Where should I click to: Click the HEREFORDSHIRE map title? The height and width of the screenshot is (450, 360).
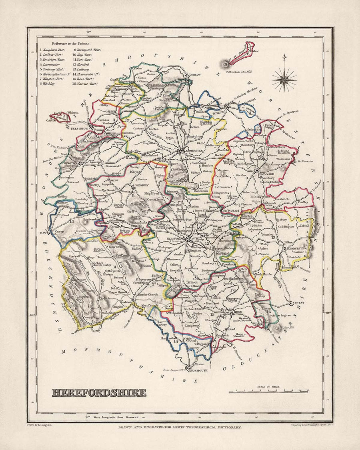click(x=99, y=392)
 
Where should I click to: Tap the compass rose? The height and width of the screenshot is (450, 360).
click(x=284, y=78)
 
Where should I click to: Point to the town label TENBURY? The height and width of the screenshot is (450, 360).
click(x=218, y=112)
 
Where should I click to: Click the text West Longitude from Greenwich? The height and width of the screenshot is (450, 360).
click(x=112, y=418)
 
